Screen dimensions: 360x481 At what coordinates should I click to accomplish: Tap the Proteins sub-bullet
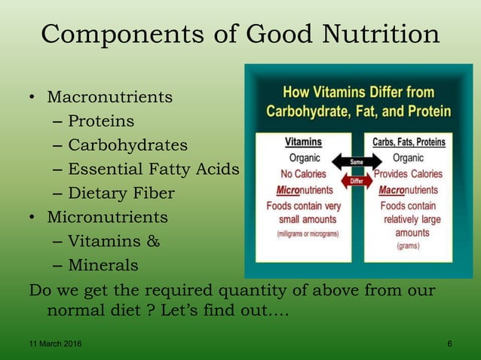(101, 121)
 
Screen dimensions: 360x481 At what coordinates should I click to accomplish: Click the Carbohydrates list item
(127, 145)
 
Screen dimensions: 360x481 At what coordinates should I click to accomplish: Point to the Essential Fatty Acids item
(153, 169)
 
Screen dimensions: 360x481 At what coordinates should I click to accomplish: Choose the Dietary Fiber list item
(121, 194)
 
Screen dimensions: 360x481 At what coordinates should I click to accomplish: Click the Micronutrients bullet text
(108, 218)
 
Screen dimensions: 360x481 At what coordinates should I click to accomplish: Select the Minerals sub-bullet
(103, 266)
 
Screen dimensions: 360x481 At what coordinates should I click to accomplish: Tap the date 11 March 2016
(52, 344)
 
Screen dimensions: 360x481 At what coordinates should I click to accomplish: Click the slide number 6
(450, 344)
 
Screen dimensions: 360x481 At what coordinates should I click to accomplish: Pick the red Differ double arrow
(356, 182)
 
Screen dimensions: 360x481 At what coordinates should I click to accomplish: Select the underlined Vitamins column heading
(303, 142)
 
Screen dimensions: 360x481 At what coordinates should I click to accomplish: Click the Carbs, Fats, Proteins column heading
(409, 142)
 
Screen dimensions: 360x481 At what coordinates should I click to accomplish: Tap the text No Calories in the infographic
(304, 174)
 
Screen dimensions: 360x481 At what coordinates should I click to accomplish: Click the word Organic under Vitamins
(304, 158)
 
